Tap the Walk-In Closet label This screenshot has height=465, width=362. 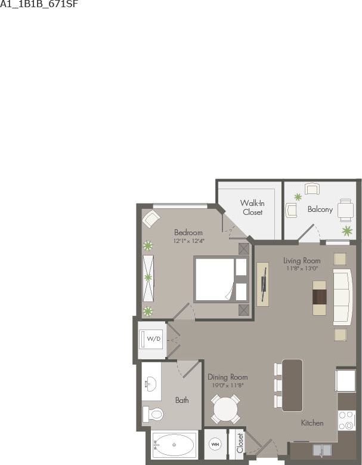(252, 207)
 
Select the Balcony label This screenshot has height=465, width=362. (320, 210)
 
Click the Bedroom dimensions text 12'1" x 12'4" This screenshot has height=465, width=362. (188, 241)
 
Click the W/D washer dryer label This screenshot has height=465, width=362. (154, 339)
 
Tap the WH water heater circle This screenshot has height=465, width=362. (215, 445)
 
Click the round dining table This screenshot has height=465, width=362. (226, 410)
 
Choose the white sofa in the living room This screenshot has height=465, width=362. (342, 297)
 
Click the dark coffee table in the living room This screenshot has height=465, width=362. (320, 297)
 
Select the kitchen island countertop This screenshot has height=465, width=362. (292, 385)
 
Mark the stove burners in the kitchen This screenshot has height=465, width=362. (346, 420)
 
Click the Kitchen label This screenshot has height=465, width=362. (312, 423)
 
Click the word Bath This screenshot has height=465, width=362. (182, 400)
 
